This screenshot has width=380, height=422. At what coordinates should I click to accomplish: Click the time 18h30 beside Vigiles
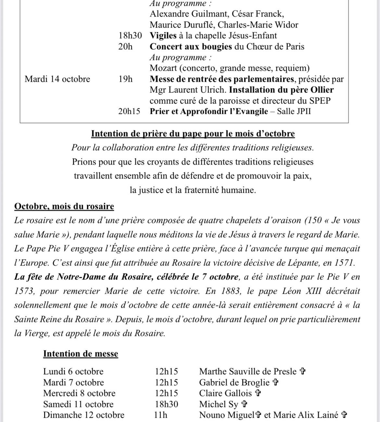130,36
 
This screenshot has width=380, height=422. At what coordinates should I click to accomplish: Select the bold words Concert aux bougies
191,46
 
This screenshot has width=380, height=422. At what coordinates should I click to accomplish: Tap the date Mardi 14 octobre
57,79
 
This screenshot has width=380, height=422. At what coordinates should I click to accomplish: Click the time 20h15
129,111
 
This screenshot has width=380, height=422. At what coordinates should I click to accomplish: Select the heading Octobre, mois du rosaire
64,206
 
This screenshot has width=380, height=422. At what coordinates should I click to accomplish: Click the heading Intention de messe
81,354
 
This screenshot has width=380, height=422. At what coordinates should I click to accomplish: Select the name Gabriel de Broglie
234,382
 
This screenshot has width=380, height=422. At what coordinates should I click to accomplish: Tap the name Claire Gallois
225,393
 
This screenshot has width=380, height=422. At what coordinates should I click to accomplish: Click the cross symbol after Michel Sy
245,404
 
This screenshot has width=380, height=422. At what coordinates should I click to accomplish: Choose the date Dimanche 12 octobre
84,415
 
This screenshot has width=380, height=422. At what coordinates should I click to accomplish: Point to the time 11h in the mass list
161,415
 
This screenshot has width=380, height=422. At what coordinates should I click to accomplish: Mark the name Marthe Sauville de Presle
248,371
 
